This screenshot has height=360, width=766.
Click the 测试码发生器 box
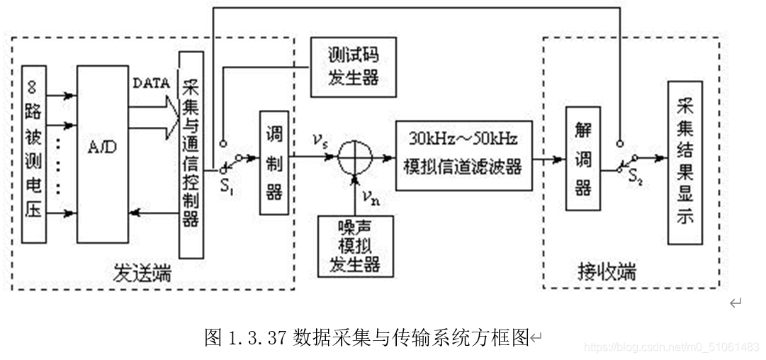pyautogui.click(x=352, y=66)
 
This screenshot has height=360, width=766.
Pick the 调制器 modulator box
pyautogui.click(x=274, y=162)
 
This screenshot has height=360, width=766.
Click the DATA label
pyautogui.click(x=151, y=83)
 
